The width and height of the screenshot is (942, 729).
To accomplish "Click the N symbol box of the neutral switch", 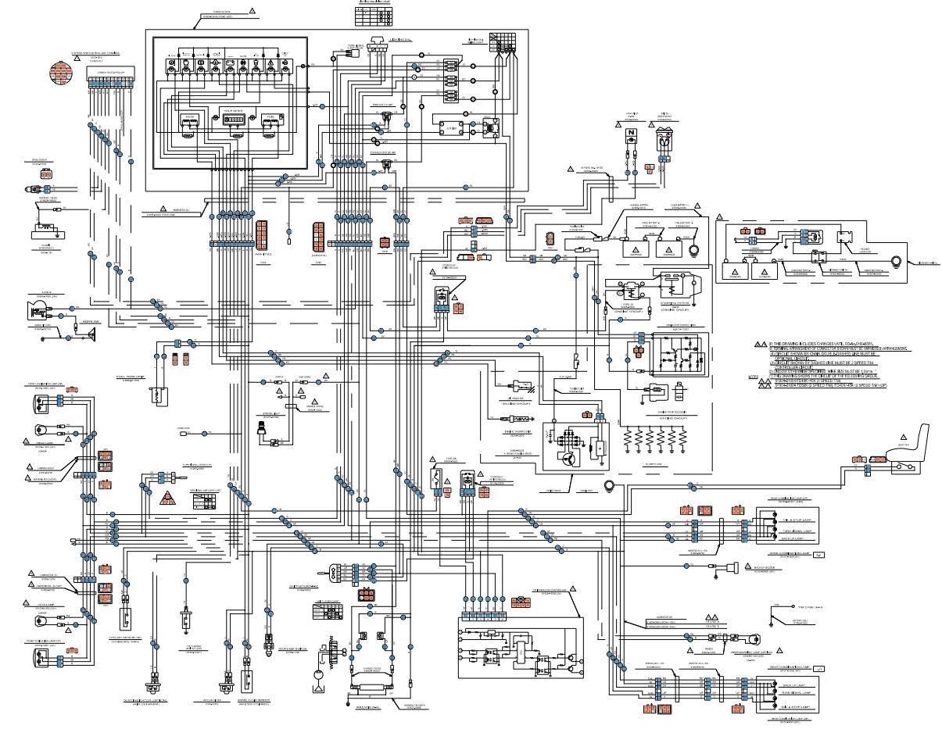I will coord(630,134).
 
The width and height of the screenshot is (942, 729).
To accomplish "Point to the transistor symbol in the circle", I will coord(565,459).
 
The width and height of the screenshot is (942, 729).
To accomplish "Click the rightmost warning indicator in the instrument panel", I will coord(285,60).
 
